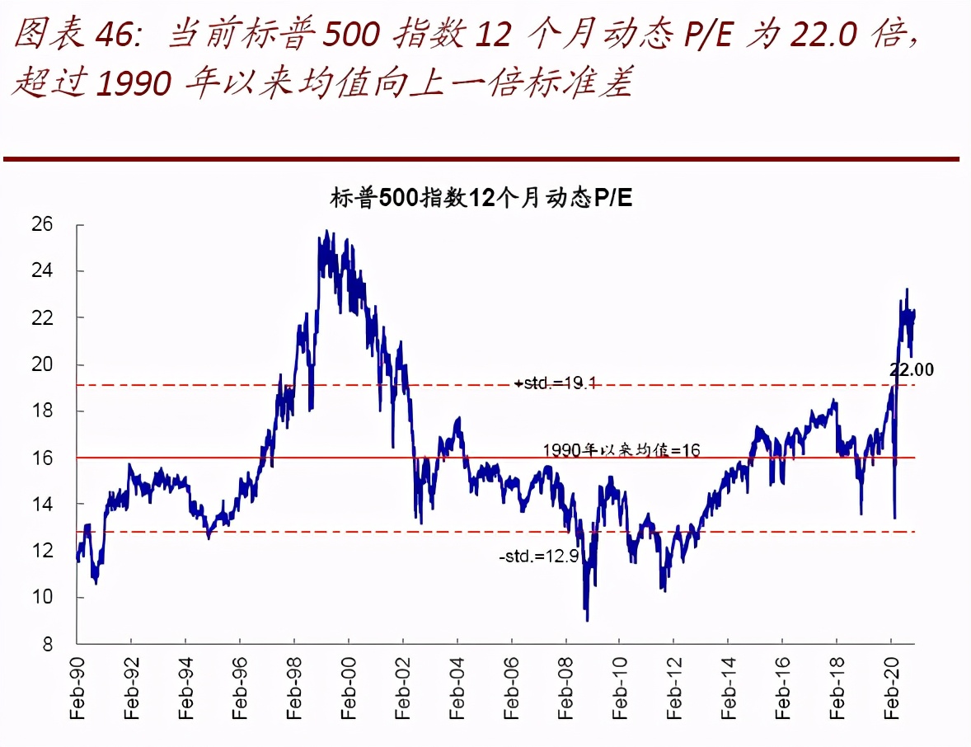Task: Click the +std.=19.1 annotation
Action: (x=554, y=383)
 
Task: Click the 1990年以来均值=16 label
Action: (x=621, y=449)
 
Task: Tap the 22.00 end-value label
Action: (x=911, y=370)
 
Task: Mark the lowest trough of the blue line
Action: (x=587, y=620)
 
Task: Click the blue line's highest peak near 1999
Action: (x=327, y=232)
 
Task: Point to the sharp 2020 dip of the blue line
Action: (x=895, y=517)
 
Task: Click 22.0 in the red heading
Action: (x=824, y=35)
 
